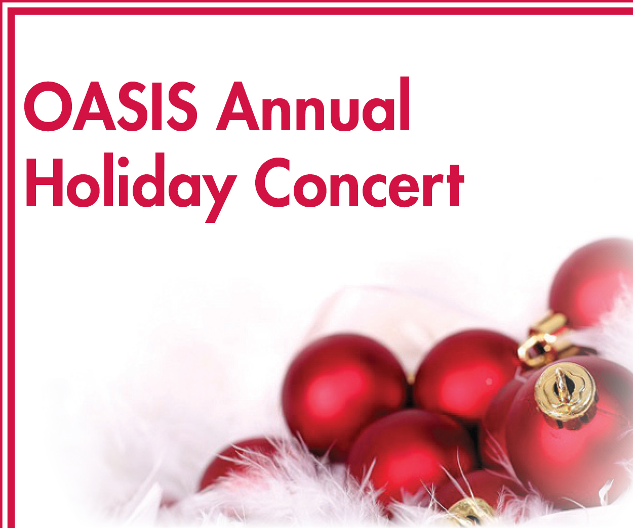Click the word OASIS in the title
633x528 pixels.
point(111,106)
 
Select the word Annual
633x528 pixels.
point(312,104)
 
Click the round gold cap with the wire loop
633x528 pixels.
point(565,391)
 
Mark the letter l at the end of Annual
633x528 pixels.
point(405,104)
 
